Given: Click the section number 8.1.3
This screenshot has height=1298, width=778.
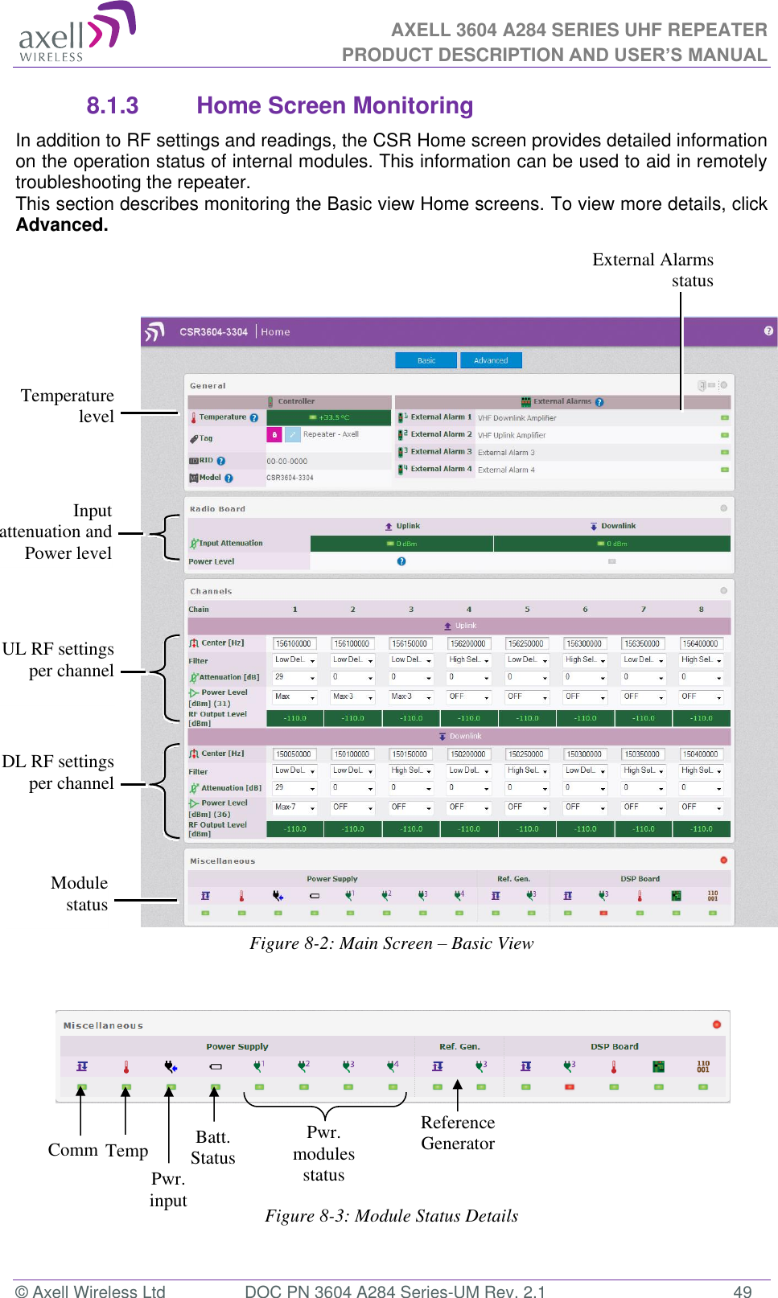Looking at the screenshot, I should pos(112,106).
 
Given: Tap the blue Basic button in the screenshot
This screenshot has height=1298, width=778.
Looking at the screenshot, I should pos(426,360).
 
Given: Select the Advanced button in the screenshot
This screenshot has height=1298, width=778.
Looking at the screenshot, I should pos(491,360).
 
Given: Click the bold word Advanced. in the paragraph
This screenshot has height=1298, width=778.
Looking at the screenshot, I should pos(62,225).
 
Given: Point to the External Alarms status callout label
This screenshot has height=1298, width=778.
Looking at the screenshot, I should pos(652,270).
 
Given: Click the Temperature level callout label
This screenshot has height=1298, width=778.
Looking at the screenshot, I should pos(68,406).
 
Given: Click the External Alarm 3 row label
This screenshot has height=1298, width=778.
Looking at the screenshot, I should pos(440,452).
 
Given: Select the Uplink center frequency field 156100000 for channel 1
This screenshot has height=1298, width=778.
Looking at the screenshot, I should pos(294,643).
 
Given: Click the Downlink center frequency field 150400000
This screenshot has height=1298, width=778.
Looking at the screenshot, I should pos(701,754).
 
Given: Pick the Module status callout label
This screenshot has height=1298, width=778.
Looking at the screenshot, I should pos(79,893).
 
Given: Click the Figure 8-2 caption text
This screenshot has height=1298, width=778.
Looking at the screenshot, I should pos(391,943).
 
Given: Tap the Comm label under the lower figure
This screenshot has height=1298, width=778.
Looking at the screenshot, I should pos(72,1150).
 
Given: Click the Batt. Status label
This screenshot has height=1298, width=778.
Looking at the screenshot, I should pos(212,1148).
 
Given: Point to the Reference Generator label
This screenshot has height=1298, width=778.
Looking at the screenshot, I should pos(458,1133).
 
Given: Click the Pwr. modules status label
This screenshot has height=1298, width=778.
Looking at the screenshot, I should pos(323,1154).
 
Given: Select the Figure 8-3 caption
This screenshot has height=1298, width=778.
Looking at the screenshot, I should pos(391,1216).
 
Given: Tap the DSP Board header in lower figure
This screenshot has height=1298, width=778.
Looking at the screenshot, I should pos(614,1046).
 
